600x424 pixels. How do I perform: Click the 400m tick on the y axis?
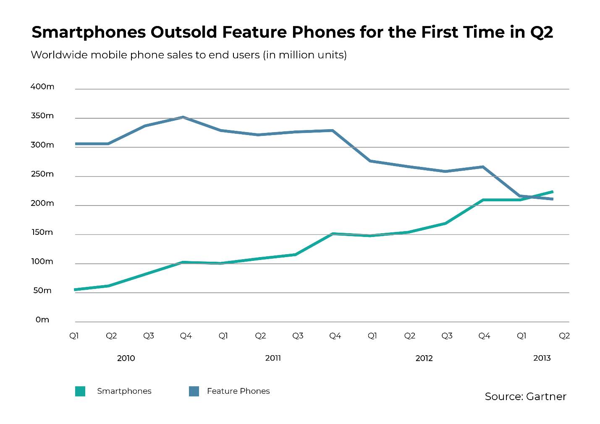42,87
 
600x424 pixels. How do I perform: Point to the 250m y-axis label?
42,174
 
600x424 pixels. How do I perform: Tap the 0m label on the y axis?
42,320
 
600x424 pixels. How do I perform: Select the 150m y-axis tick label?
42,232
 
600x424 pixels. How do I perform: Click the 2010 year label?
126,358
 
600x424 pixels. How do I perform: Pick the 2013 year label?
542,358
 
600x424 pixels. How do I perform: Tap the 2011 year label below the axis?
273,358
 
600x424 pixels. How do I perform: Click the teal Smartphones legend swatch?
80,391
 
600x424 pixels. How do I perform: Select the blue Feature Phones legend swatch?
194,391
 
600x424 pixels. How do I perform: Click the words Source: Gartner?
525,396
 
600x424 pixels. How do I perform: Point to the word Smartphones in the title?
89,32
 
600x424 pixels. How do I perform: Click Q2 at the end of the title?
542,32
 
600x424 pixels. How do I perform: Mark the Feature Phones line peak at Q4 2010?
183,117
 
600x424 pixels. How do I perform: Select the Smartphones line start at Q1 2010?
76,289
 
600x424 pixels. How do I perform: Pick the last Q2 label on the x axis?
564,336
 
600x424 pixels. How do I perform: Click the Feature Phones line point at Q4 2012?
483,167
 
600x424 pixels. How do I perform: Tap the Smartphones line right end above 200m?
552,192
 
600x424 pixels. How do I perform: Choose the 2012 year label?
424,358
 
